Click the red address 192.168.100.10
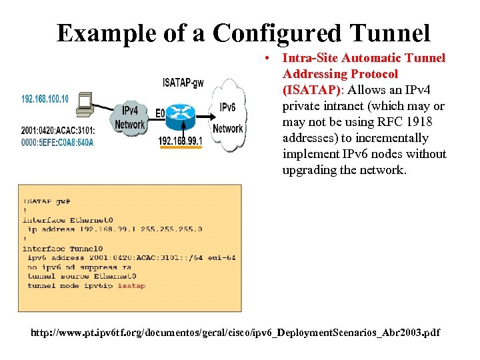(45, 99)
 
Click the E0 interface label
(160, 114)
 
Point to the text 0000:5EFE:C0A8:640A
(57, 141)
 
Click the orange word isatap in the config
(131, 285)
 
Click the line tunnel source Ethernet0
(81, 276)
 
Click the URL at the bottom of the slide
(235, 333)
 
